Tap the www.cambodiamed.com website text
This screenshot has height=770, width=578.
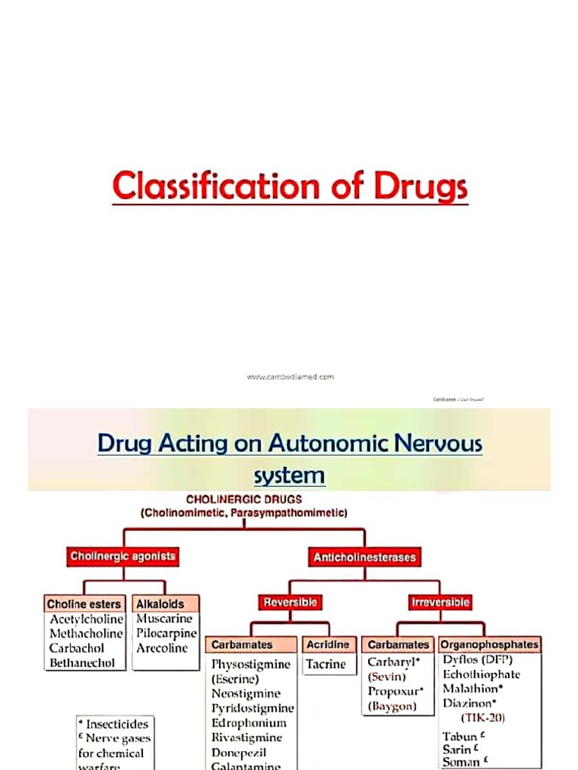(x=290, y=377)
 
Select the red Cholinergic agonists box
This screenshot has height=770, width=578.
(x=123, y=557)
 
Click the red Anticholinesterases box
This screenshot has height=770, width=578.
(x=364, y=558)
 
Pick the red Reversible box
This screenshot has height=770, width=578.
(x=290, y=602)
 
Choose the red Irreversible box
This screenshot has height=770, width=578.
(x=440, y=602)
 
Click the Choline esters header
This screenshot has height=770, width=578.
(x=84, y=604)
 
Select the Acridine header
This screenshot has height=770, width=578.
(x=327, y=645)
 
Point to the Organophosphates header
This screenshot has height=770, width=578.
(x=489, y=644)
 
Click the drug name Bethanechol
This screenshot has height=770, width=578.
(x=82, y=663)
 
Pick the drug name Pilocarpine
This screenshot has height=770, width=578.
(x=166, y=633)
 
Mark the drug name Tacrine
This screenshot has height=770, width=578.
(x=326, y=664)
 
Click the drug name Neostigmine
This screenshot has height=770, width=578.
(x=245, y=693)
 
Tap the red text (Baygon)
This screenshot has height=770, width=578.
(x=392, y=706)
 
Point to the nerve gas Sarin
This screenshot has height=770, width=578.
(x=457, y=750)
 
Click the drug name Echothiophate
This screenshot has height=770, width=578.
(x=481, y=675)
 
